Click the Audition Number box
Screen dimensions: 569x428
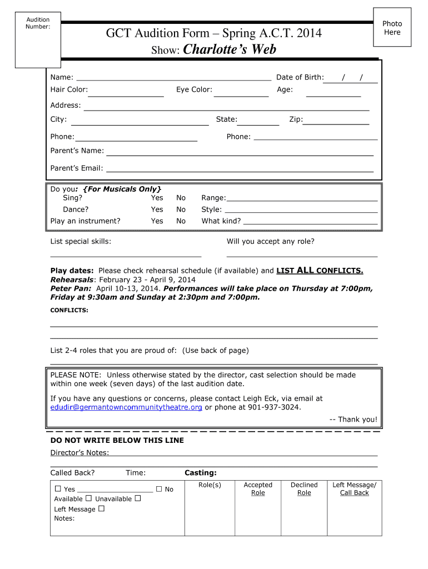(38, 39)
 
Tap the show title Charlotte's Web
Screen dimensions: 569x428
(230, 50)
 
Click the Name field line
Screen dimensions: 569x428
(173, 78)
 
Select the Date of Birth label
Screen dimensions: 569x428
(300, 77)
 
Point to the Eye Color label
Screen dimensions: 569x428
(194, 89)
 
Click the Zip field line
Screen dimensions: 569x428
(336, 123)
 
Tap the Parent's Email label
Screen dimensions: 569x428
(77, 168)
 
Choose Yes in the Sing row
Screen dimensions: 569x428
(157, 198)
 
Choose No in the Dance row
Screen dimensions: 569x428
(181, 209)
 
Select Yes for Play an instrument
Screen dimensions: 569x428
(157, 221)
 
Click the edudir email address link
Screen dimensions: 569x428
(126, 407)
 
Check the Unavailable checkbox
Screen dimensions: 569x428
(137, 498)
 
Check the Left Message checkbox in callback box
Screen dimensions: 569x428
(101, 508)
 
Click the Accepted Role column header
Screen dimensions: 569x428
(258, 489)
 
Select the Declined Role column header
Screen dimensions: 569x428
(304, 489)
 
